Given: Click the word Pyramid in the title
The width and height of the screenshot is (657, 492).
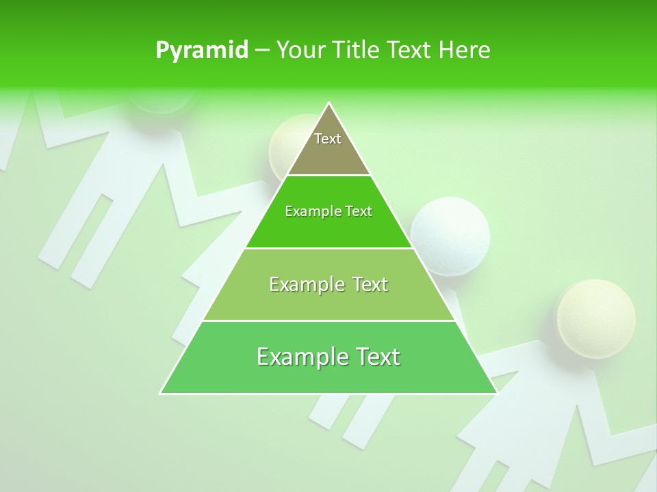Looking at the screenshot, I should tap(202, 51).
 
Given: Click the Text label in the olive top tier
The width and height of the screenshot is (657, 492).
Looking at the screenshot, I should tap(328, 139).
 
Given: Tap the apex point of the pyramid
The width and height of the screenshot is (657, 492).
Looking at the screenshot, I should tap(328, 103).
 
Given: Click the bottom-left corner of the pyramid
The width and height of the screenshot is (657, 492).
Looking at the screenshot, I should tap(160, 393).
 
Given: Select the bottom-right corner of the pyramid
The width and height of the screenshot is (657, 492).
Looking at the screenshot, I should tap(497, 393).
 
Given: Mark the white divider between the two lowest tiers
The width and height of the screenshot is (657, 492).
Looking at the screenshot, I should tap(328, 320).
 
